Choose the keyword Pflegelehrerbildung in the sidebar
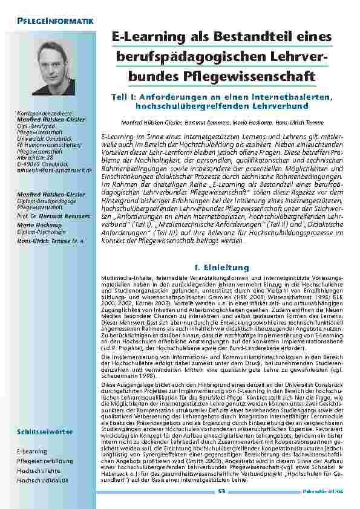click(45, 461)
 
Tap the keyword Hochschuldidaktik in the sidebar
click(43, 480)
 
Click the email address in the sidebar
click(54, 170)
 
